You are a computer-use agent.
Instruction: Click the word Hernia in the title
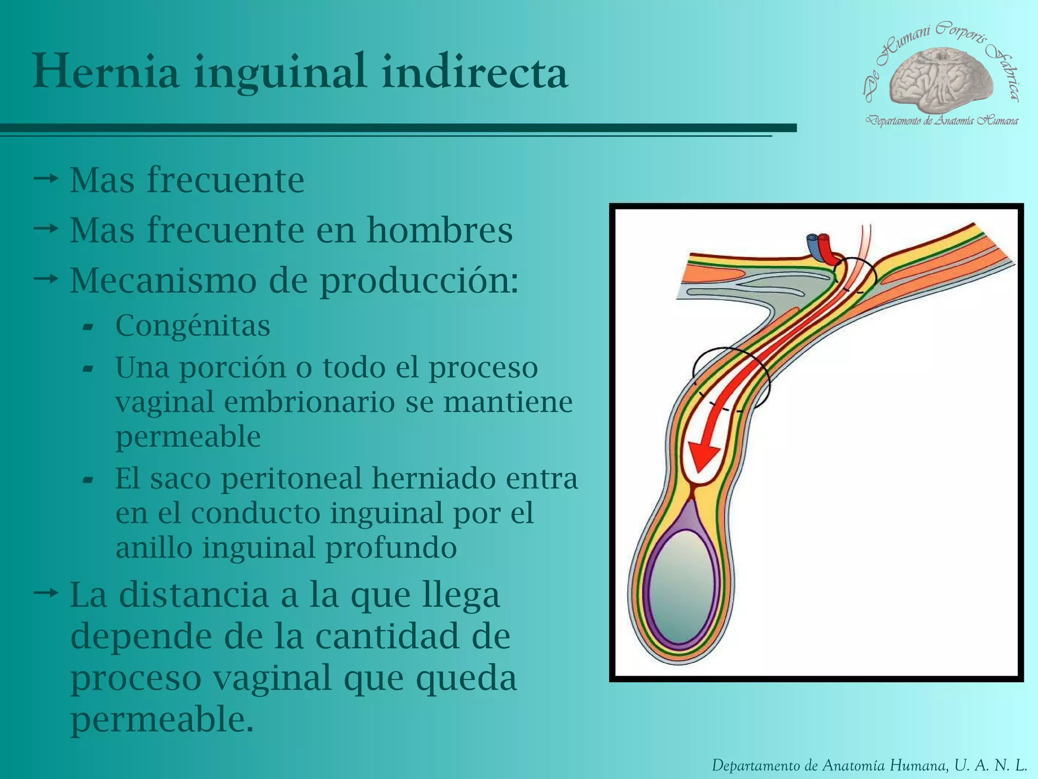pos(106,72)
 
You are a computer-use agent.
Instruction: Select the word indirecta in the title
pos(474,72)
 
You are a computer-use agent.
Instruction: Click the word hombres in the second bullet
pos(439,231)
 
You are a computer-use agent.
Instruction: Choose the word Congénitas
pos(193,326)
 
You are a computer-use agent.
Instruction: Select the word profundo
pos(391,548)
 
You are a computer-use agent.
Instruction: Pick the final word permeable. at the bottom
pos(162,719)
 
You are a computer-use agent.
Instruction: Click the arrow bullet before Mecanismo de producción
pos(46,278)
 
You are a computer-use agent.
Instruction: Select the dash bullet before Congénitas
pos(88,327)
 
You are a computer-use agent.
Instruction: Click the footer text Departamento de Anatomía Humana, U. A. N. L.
pos(869,765)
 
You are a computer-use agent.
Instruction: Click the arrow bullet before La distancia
pos(46,592)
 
